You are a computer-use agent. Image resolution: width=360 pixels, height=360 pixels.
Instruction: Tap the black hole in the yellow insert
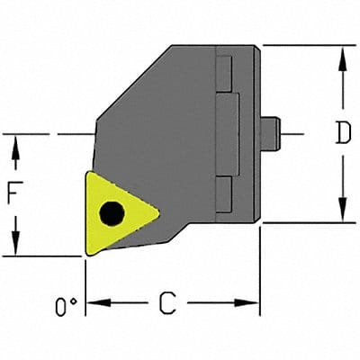[x=112, y=213]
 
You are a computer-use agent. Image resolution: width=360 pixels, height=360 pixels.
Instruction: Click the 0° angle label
[x=64, y=308]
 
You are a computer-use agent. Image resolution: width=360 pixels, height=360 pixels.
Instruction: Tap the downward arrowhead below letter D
[x=342, y=212]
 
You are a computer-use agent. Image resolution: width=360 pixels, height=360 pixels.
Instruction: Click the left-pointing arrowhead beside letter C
[x=95, y=303]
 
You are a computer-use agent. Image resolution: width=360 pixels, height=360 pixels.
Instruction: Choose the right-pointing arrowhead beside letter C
[x=251, y=303]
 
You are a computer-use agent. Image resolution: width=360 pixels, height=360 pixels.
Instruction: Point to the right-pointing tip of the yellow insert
[x=159, y=214]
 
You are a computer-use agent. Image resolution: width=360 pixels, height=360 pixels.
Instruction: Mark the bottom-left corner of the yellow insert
[x=86, y=253]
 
